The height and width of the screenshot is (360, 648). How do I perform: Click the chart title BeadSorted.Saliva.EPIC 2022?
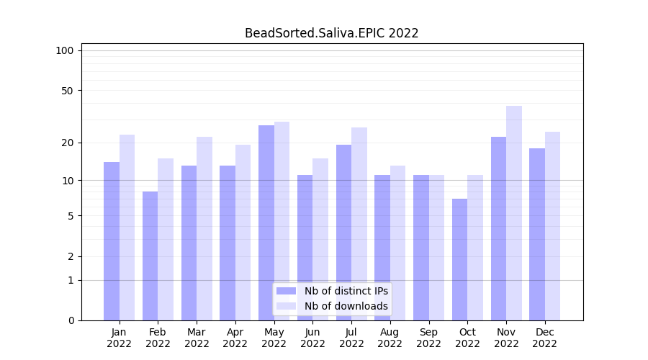point(331,33)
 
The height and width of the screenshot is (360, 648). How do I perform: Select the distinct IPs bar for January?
point(112,241)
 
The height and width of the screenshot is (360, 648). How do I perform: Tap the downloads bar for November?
point(514,213)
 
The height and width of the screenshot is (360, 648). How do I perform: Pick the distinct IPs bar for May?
point(266,222)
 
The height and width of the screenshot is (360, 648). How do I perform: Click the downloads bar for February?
point(166,239)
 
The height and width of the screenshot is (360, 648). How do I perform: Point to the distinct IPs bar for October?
point(460,259)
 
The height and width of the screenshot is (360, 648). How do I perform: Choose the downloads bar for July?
point(359,224)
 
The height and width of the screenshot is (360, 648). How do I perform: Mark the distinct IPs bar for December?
point(537,234)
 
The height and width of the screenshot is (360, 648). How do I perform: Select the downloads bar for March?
point(204,228)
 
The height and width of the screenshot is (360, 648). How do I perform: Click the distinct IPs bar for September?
point(421,248)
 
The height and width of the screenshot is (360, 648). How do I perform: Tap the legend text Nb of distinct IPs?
point(346,291)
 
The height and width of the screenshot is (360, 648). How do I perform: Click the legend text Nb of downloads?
point(346,306)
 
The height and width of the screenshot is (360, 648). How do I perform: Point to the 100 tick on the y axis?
point(65,50)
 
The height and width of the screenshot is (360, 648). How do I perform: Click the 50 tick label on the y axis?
point(67,91)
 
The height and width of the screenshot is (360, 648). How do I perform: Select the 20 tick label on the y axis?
point(67,143)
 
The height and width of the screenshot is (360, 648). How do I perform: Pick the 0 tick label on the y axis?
point(71,320)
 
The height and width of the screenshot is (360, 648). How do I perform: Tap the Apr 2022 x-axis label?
point(235,338)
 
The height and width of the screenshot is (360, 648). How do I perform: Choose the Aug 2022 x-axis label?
point(390,338)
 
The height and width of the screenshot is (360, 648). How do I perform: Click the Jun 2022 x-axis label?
point(312,338)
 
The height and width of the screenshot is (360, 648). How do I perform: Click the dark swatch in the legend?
point(286,291)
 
